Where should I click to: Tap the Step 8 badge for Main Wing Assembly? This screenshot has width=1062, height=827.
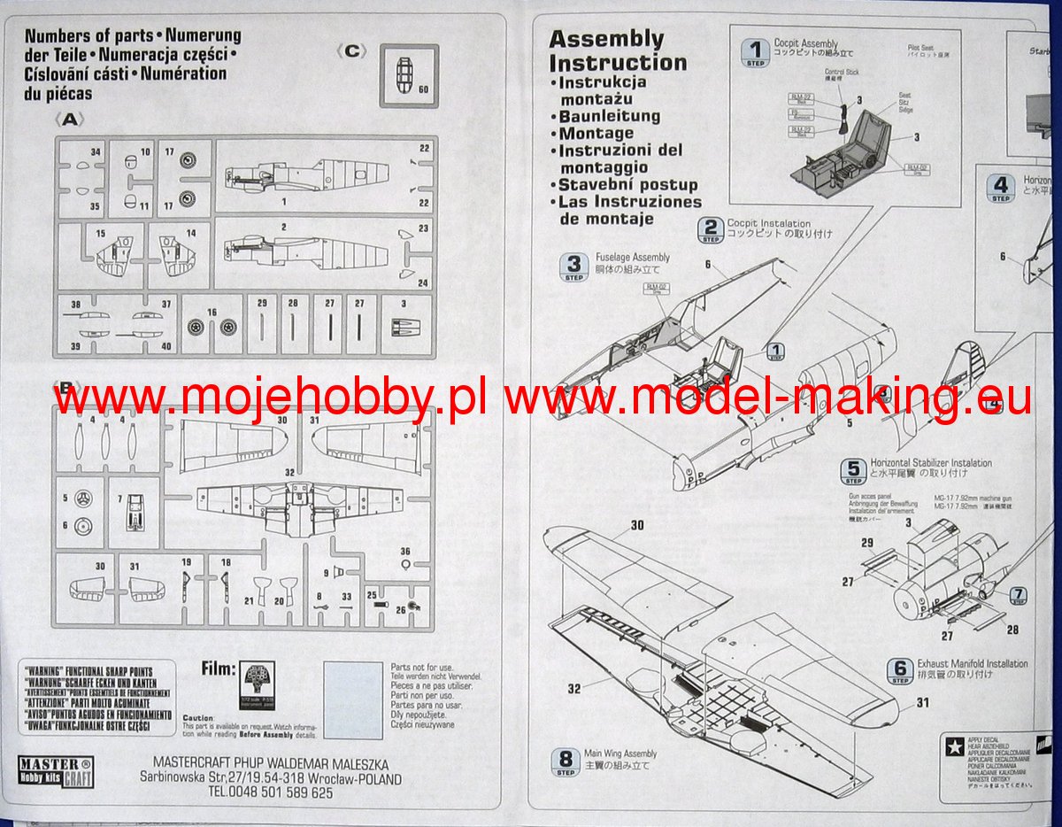pos(565,761)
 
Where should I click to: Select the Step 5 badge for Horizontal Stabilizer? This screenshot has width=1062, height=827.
pos(853,470)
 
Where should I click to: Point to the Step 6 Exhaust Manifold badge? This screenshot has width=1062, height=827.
pos(899,670)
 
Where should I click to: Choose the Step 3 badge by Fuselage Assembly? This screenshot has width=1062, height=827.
pos(574,267)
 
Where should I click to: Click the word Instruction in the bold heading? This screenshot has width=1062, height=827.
pos(618,63)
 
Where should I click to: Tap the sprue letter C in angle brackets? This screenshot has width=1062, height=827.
pos(351,51)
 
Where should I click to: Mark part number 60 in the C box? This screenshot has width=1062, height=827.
pos(422,89)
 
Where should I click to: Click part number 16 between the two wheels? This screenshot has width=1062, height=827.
pos(212,313)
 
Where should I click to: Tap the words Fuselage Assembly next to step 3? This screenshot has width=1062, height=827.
pos(632,258)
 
